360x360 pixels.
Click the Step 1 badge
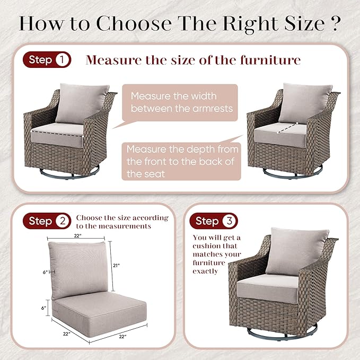(x=47, y=60)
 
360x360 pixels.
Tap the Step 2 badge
(x=47, y=221)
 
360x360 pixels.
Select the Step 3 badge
(x=214, y=221)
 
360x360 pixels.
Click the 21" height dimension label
(x=117, y=266)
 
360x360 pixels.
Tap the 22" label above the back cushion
(x=77, y=236)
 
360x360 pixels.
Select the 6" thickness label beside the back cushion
(x=45, y=273)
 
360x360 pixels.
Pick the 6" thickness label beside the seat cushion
(x=44, y=308)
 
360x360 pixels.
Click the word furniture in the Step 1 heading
(x=270, y=60)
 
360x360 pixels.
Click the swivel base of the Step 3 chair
(x=282, y=332)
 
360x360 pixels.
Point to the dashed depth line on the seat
(x=287, y=128)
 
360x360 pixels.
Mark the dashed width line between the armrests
(x=57, y=134)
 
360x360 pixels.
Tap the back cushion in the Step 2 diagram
(x=78, y=270)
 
